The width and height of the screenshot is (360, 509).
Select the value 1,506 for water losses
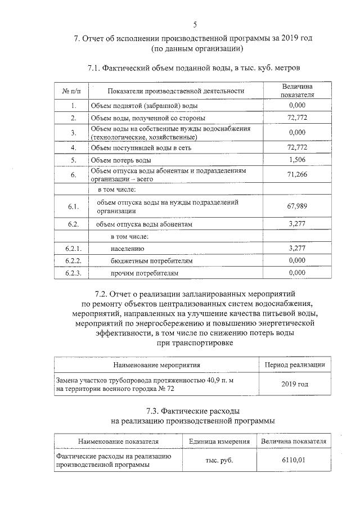(x=296, y=160)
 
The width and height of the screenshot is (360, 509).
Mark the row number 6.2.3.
(x=74, y=273)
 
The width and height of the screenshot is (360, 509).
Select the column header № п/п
(x=74, y=91)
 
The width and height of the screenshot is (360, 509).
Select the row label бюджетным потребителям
(x=144, y=261)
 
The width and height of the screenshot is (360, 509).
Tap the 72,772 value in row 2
(x=296, y=118)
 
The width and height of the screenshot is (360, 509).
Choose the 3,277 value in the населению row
(x=296, y=248)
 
